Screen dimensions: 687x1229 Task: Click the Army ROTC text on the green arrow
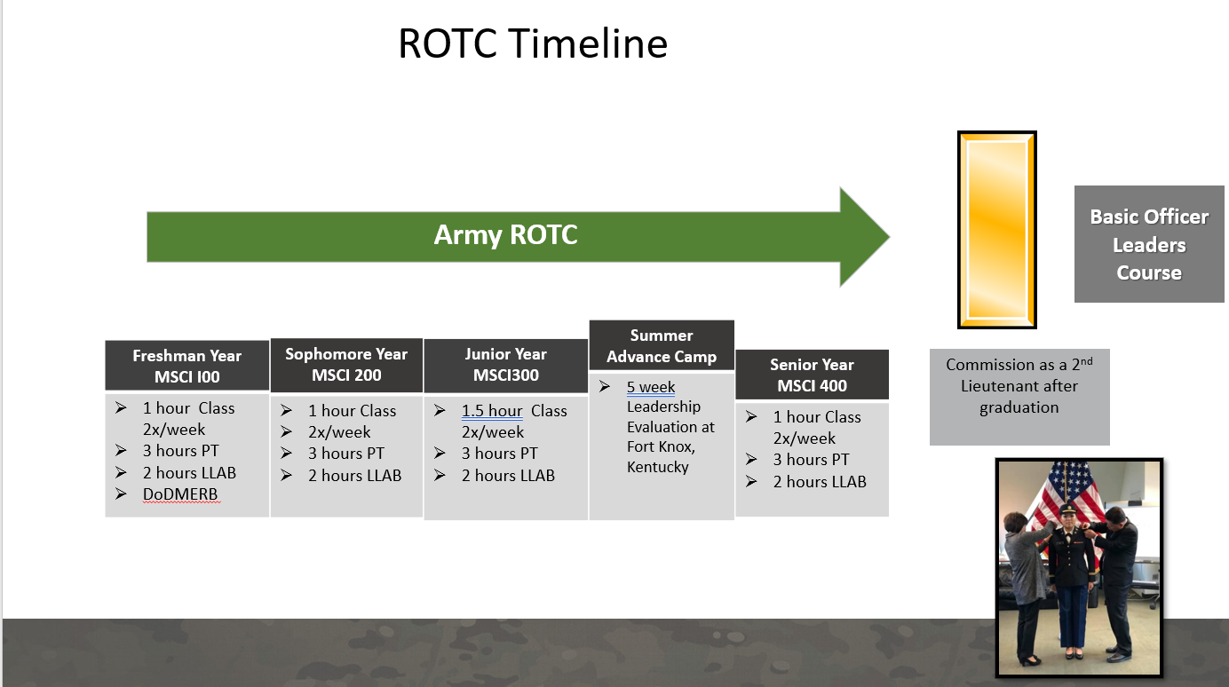point(505,235)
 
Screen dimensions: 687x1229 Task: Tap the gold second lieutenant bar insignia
point(996,230)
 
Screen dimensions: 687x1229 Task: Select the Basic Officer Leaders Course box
point(1149,244)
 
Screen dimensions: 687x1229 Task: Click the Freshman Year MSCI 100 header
point(186,366)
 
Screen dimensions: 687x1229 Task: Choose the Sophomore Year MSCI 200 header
point(346,365)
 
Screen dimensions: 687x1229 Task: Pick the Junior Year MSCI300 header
point(505,365)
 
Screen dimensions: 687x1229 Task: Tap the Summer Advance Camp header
point(662,346)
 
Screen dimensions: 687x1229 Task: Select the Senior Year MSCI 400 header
point(812,375)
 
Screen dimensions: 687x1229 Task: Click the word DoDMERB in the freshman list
point(180,494)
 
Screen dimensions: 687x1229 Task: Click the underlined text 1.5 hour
point(492,411)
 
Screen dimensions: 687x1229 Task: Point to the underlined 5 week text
point(651,387)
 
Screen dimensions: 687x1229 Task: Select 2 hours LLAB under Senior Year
point(819,481)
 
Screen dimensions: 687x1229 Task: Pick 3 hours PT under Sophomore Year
point(346,454)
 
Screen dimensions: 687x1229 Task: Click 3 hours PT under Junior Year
point(499,454)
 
